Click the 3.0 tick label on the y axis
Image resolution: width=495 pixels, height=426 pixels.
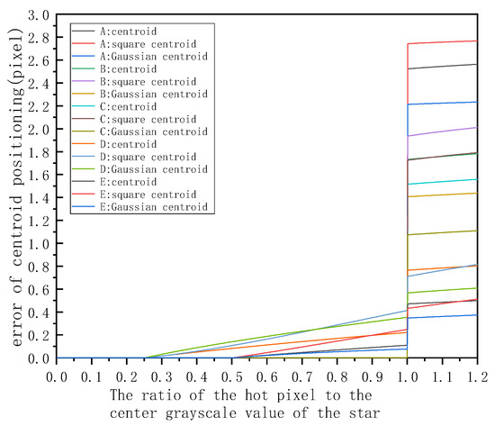tap(38, 15)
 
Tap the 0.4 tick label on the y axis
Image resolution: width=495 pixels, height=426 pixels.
tap(38, 312)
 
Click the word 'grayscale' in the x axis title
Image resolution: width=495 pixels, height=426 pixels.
tap(243, 412)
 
